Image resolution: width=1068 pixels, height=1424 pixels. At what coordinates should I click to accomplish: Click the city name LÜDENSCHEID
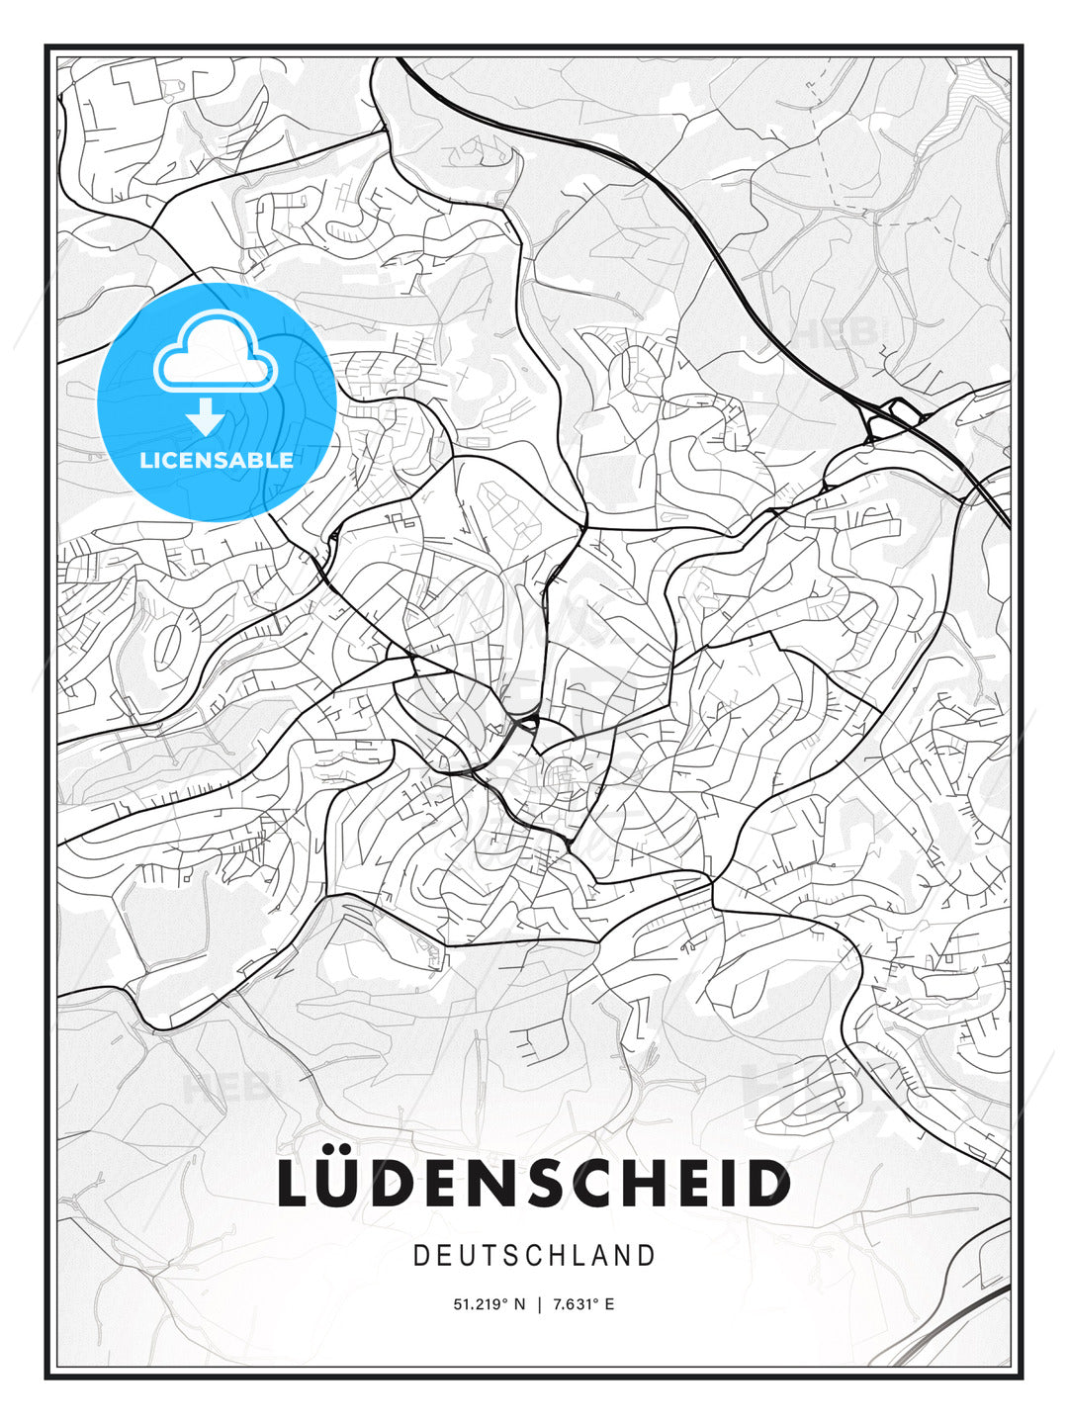tap(534, 1184)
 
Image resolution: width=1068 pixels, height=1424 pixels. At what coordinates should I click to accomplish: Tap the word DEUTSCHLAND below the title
tap(534, 1256)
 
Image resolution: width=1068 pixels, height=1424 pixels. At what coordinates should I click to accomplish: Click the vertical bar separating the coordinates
tap(539, 1304)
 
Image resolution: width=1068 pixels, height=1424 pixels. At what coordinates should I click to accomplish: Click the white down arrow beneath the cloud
tap(206, 417)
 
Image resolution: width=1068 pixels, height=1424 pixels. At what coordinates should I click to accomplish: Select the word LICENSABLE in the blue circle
tap(217, 460)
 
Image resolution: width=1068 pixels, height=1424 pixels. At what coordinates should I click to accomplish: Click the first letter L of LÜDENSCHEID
tap(295, 1184)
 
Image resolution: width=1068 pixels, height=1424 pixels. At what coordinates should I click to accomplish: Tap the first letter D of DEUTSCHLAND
tap(420, 1256)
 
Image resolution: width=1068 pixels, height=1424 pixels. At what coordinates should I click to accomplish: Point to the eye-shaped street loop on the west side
tap(169, 643)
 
